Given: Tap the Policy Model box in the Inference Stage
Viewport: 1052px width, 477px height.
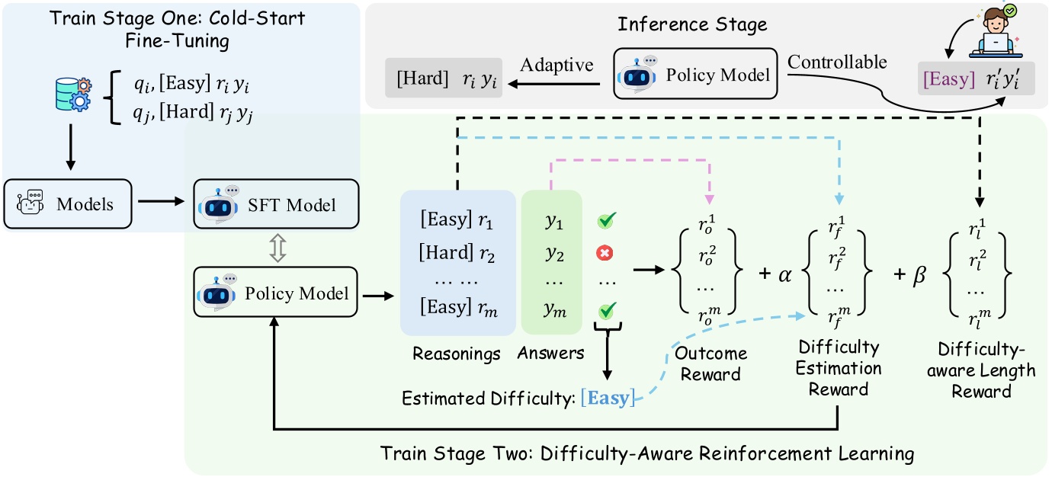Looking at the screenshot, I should tap(695, 75).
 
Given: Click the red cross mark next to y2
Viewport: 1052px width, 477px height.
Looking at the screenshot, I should tap(608, 252).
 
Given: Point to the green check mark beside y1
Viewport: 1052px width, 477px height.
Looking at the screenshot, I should tap(608, 221).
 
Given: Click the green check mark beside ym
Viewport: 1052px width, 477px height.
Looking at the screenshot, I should tap(608, 309).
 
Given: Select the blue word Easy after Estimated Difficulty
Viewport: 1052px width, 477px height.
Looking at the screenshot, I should tap(608, 399).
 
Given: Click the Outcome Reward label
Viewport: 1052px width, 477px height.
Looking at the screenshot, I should tap(710, 363).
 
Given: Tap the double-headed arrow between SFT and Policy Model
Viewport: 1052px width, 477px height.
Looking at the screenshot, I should tap(278, 249).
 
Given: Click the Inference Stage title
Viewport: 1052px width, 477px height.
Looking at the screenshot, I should tap(692, 24).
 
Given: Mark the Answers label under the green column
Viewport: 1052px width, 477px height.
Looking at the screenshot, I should tap(550, 354).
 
